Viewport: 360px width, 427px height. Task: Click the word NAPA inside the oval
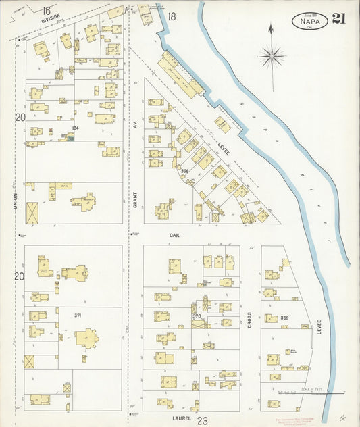311,20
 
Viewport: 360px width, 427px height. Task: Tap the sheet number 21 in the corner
339,18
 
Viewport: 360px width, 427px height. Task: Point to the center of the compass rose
271,56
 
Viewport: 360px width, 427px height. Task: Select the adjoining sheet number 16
46,10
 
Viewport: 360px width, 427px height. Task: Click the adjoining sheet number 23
201,420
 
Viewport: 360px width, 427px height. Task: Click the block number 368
184,171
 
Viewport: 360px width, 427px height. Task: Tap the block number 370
197,316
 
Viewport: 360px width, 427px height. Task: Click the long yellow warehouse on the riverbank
180,76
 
